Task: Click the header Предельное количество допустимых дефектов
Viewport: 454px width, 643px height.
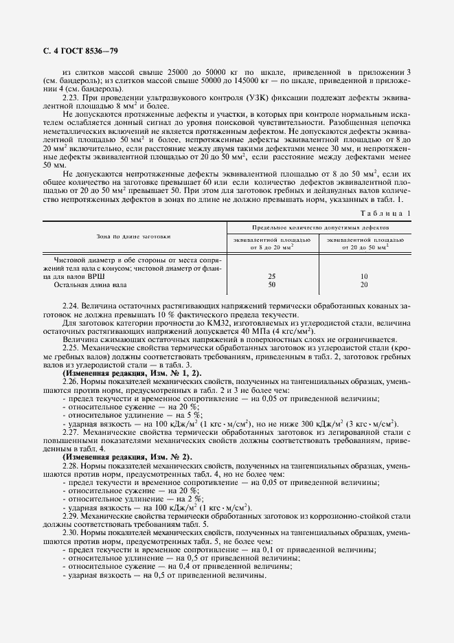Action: (319, 226)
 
